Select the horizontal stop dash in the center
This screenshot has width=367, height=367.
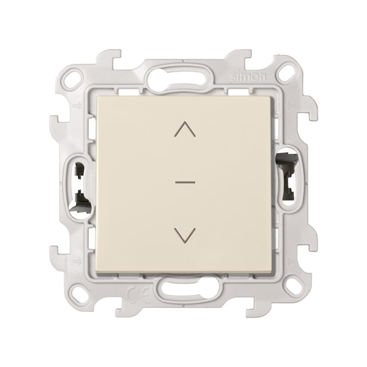coord(185,182)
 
